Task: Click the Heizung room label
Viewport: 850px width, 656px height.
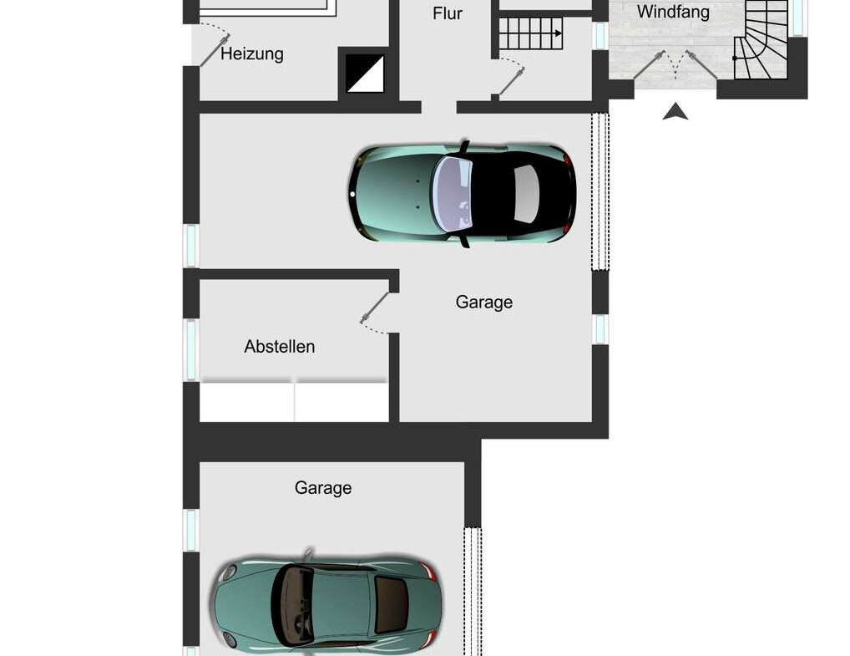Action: [x=252, y=53]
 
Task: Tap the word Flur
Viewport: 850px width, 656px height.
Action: [x=448, y=13]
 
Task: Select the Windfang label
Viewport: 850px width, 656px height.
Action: [x=673, y=12]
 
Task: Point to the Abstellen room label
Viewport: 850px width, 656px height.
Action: [x=279, y=346]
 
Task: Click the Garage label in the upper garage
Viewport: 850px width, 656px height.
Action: [x=484, y=302]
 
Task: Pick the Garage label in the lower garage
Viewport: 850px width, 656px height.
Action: [x=323, y=488]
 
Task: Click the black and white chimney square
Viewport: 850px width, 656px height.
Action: [x=365, y=74]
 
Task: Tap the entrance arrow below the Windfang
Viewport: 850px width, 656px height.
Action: [x=675, y=112]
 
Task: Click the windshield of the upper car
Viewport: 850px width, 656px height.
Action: [x=452, y=193]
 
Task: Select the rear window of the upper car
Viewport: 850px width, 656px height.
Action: [x=526, y=194]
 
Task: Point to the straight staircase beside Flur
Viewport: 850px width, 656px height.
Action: [x=530, y=33]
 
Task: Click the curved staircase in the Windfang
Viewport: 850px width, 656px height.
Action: [x=761, y=39]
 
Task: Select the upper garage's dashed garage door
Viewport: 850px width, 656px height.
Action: [x=600, y=191]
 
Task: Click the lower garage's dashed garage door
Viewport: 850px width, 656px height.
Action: [x=473, y=592]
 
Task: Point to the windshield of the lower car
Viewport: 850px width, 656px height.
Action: [x=293, y=604]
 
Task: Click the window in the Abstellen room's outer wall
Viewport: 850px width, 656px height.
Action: [x=191, y=350]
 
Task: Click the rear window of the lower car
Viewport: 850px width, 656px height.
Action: [x=392, y=604]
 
